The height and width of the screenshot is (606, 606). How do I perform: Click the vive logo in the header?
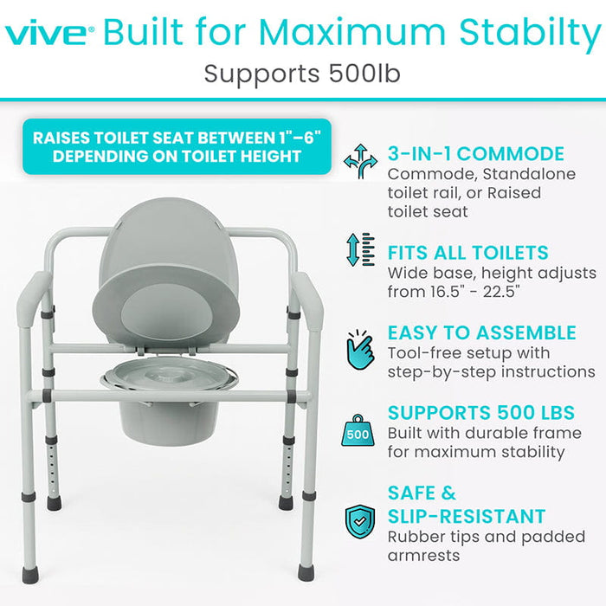[48, 35]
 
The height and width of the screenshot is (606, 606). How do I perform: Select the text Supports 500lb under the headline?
[302, 73]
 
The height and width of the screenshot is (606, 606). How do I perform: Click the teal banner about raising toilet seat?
[177, 146]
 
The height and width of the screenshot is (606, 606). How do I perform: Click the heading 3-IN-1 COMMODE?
[475, 154]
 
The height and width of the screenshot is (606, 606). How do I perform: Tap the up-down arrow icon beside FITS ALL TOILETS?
[360, 248]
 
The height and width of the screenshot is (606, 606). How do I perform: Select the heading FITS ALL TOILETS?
[468, 253]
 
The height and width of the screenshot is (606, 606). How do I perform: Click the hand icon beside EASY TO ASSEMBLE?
[360, 351]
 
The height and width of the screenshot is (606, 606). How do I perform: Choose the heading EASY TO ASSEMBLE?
[481, 332]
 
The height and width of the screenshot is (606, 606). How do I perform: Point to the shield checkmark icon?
[360, 522]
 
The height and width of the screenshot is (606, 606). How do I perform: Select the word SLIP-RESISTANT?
[467, 517]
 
